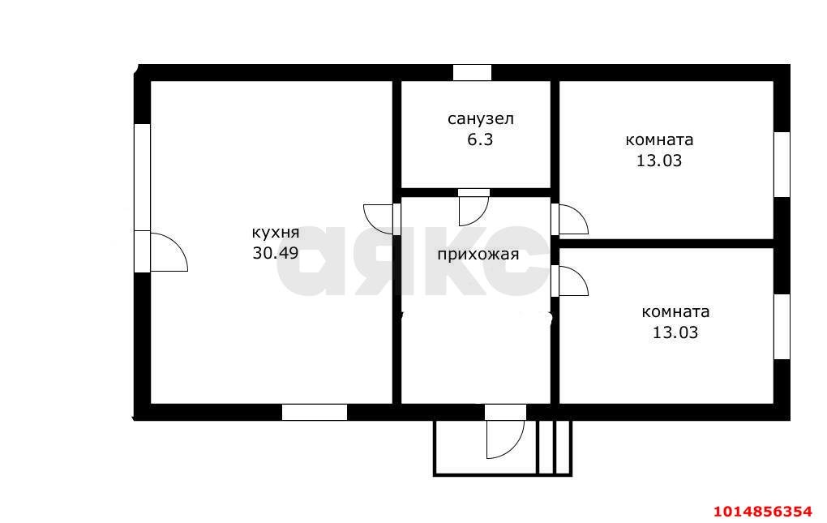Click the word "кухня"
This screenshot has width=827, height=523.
[x=276, y=233]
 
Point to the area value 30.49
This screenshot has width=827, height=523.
[x=276, y=253]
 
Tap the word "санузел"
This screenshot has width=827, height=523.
[x=481, y=119]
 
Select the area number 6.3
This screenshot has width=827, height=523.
[x=480, y=139]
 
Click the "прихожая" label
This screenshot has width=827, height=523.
[x=478, y=255]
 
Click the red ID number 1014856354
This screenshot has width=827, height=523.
[x=763, y=512]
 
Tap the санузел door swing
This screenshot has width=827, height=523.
[x=473, y=208]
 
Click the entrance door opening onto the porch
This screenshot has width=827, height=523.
[x=505, y=431]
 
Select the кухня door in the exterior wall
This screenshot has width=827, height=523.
[x=161, y=251]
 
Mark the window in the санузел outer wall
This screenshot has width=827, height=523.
[x=472, y=73]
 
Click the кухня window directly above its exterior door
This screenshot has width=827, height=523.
[x=143, y=177]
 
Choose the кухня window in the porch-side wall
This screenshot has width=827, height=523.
[x=315, y=412]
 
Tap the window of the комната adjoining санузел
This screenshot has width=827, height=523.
[x=782, y=165]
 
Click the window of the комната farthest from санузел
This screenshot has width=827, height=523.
[x=782, y=327]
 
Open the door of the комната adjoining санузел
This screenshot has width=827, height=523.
[x=570, y=219]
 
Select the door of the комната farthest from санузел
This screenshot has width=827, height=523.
[x=570, y=281]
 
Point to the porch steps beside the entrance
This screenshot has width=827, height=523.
[x=555, y=448]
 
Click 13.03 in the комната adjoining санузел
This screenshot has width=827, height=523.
[x=658, y=161]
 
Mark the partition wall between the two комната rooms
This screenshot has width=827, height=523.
[x=666, y=243]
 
